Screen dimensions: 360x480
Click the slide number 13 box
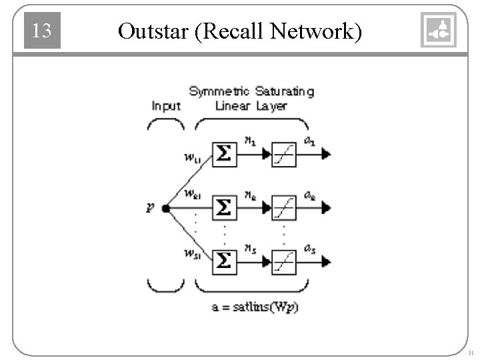point(42,31)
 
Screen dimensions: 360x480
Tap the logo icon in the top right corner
point(438,30)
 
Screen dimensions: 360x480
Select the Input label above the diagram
point(166,105)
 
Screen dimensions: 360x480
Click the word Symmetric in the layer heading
point(219,91)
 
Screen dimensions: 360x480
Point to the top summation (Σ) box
point(225,155)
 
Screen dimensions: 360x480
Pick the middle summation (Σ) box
point(225,209)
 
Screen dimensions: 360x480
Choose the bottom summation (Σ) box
point(225,261)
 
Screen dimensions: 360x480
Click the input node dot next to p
point(165,209)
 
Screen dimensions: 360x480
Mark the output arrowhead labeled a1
point(325,155)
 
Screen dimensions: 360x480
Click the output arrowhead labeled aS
point(325,261)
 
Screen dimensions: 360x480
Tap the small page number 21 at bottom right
point(471,352)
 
